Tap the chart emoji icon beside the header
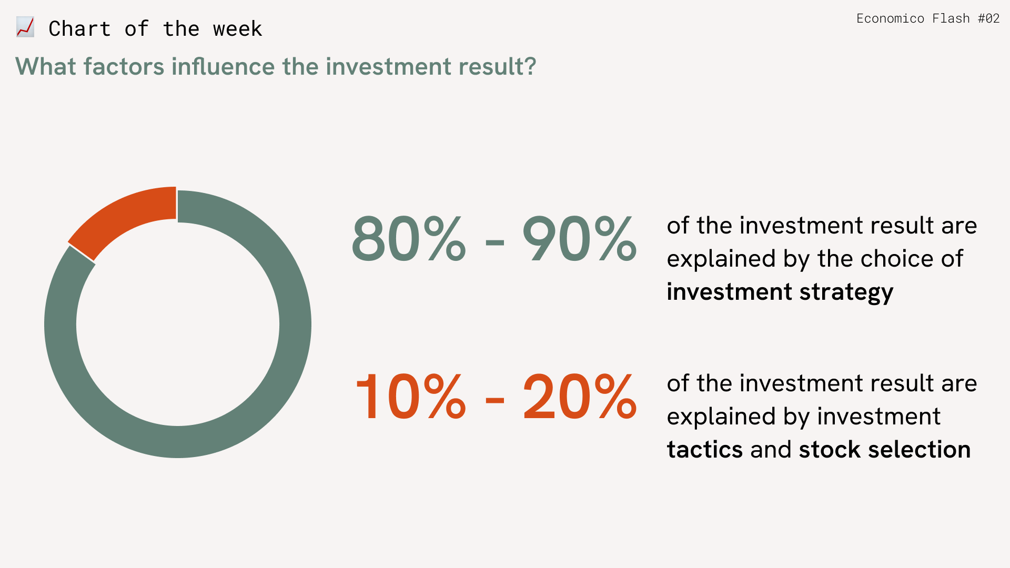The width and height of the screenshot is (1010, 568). click(x=25, y=27)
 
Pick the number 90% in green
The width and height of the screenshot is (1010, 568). click(x=579, y=239)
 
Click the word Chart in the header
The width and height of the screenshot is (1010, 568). click(x=79, y=29)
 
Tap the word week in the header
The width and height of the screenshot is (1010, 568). click(x=237, y=29)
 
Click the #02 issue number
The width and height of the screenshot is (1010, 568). click(x=988, y=18)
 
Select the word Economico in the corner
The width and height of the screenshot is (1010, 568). click(x=890, y=18)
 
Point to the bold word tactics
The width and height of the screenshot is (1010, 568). click(x=705, y=450)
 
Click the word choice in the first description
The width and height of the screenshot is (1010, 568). click(x=896, y=259)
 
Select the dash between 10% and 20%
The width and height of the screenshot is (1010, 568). click(x=494, y=401)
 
